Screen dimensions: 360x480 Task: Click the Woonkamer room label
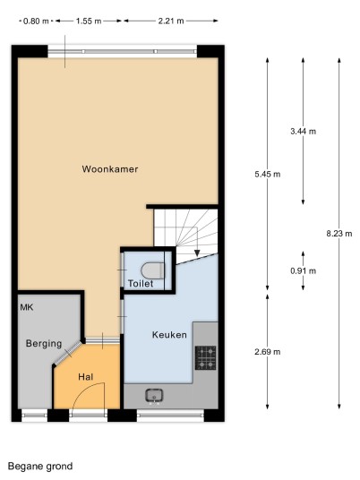[x=110, y=169]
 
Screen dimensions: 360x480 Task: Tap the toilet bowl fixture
[x=153, y=270]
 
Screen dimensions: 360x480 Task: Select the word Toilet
[x=141, y=284]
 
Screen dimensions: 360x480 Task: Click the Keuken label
[x=169, y=335]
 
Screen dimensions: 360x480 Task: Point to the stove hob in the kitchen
[x=206, y=358]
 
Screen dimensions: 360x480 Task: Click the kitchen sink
[x=154, y=395]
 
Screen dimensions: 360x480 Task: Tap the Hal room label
[x=86, y=377]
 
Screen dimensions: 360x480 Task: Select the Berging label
[x=44, y=344]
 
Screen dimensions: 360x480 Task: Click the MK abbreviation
[x=27, y=307]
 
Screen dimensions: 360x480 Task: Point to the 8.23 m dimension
[x=339, y=234]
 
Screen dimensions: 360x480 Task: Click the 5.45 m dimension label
[x=268, y=175]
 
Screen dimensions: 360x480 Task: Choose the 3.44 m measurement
[x=303, y=132]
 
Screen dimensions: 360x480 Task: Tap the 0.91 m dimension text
[x=303, y=270]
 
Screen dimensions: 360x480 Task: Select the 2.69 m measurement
[x=268, y=352]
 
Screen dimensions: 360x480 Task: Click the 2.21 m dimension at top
[x=171, y=21]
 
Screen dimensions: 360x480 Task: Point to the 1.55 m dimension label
[x=89, y=21]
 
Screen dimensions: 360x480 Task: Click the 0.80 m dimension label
[x=36, y=21]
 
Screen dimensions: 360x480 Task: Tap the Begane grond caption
[x=40, y=467]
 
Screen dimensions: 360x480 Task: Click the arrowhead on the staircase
[x=197, y=253]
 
